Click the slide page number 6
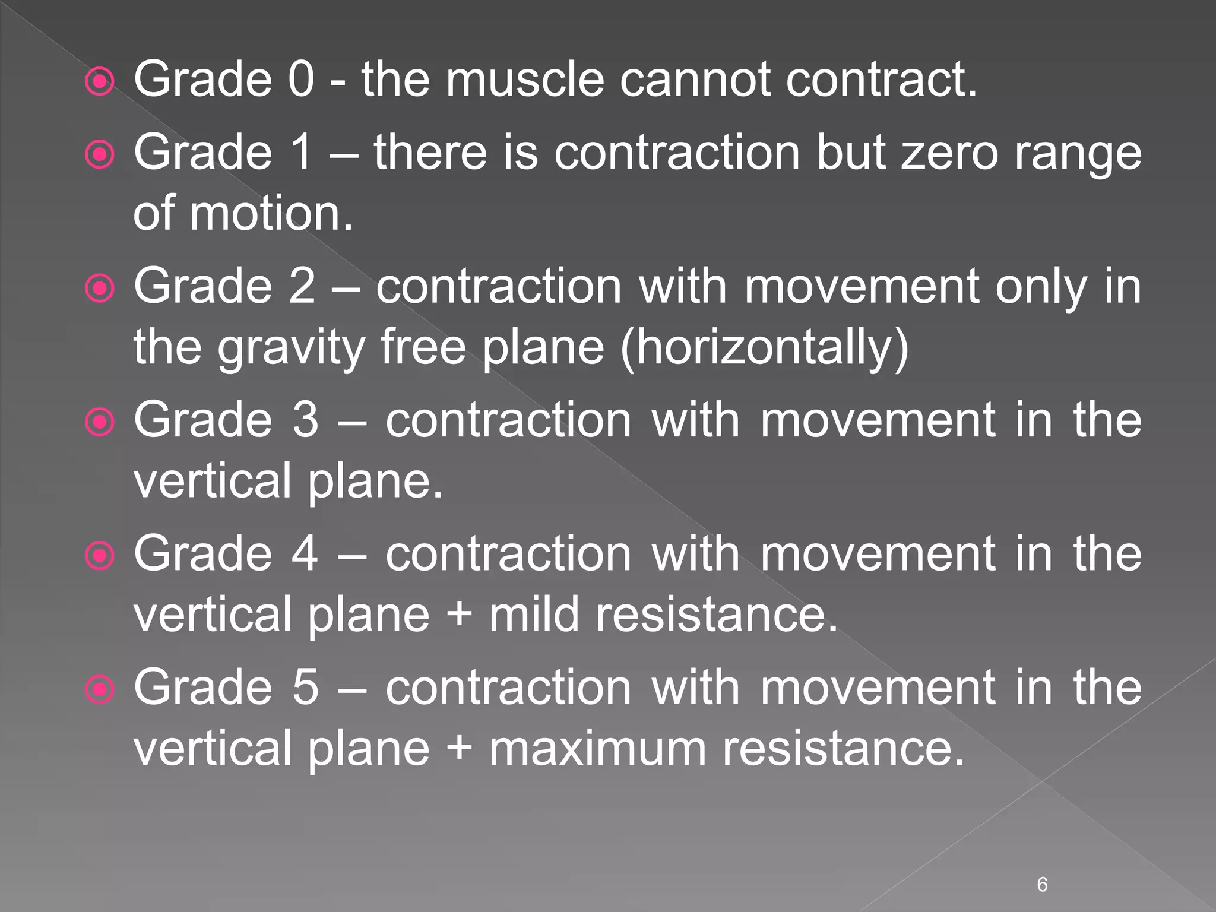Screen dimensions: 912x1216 (x=1042, y=884)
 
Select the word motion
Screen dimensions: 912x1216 (x=271, y=213)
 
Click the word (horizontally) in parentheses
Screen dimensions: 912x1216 (x=764, y=347)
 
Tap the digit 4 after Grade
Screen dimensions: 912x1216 (x=305, y=553)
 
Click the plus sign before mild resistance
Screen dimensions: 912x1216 (x=459, y=615)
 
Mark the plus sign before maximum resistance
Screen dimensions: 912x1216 (x=459, y=748)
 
